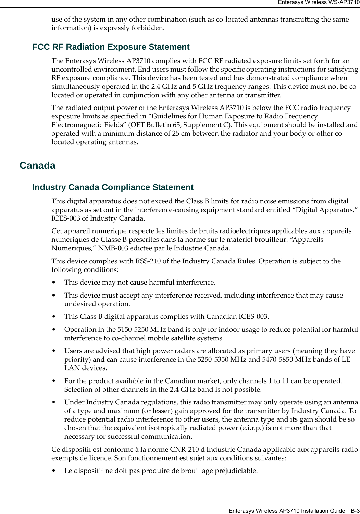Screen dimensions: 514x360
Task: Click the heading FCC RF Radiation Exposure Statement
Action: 111,47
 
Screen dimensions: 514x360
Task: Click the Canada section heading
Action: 37,165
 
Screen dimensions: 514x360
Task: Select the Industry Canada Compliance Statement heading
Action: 113,187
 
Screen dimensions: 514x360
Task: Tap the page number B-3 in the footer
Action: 355,511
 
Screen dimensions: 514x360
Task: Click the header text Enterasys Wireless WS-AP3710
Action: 318,2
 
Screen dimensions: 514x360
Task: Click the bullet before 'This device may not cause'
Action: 53,283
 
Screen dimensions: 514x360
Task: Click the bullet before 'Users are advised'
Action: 53,351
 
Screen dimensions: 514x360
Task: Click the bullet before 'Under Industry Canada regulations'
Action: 53,402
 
